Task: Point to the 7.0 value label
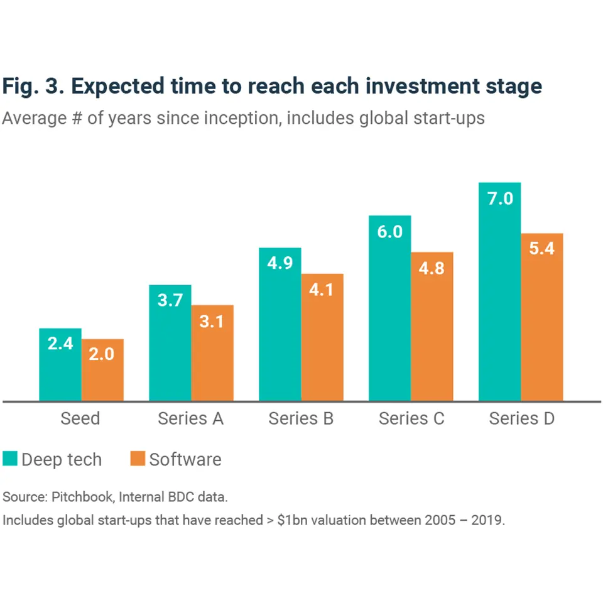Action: [500, 199]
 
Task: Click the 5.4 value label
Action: [542, 248]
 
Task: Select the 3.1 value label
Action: [212, 321]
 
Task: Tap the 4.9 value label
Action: [280, 263]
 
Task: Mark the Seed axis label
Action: [80, 418]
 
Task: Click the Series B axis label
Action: [301, 418]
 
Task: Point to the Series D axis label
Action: [521, 418]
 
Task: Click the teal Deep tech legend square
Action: [10, 459]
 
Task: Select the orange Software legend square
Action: [138, 459]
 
